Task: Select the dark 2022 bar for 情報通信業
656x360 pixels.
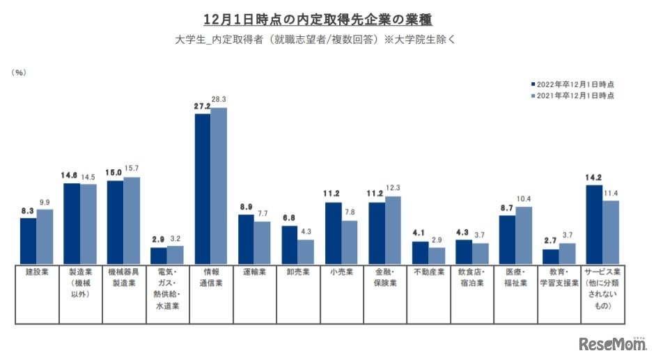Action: pyautogui.click(x=203, y=188)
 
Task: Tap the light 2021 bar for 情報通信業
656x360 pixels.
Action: pyautogui.click(x=219, y=185)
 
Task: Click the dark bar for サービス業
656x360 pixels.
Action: pyautogui.click(x=594, y=224)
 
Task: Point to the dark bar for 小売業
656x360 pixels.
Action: pyautogui.click(x=334, y=232)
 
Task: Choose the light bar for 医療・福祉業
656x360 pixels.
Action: pyautogui.click(x=524, y=235)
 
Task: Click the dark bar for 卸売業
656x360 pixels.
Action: pyautogui.click(x=290, y=244)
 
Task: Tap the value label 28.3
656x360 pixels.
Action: pyautogui.click(x=219, y=100)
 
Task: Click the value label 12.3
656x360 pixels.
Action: pyautogui.click(x=393, y=189)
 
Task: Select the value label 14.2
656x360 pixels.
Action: pyautogui.click(x=594, y=178)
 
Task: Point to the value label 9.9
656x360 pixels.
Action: pyautogui.click(x=45, y=202)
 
